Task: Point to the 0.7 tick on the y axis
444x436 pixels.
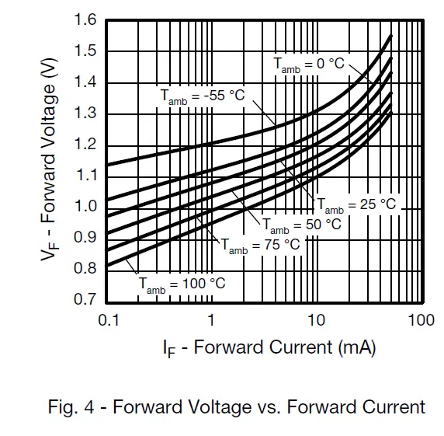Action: pos(86,299)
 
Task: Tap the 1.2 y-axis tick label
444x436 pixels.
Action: pos(86,144)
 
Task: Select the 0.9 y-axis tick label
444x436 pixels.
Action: pos(86,237)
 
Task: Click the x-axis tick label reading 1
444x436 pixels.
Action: pos(210,319)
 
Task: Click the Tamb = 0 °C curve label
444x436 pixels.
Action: pos(308,65)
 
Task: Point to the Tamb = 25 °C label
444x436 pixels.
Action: pos(356,205)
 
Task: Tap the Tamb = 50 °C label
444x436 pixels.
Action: pos(301,225)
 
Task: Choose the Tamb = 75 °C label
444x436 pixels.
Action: pos(260,245)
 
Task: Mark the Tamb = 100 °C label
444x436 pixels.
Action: pos(182,284)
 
